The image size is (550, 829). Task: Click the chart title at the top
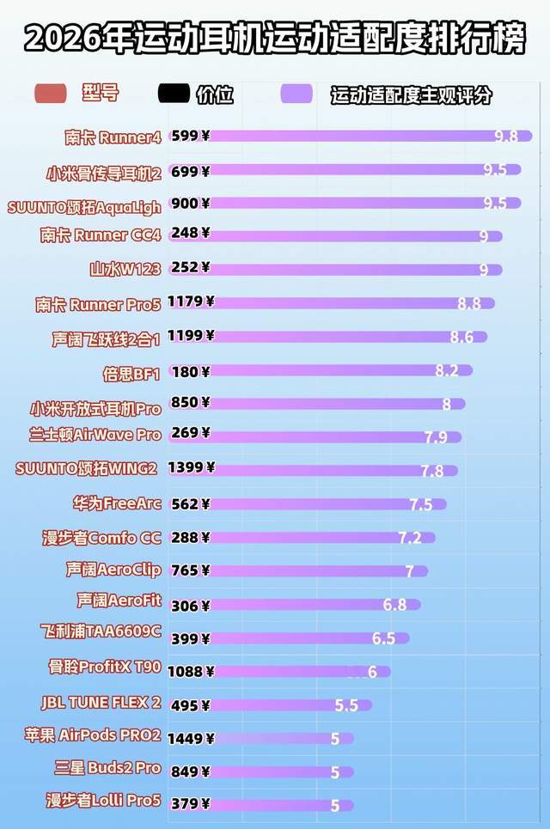pos(275,39)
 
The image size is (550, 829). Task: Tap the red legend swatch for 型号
pos(50,94)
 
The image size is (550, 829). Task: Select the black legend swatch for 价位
pos(174,94)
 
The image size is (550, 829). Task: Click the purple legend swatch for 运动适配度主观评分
pos(296,94)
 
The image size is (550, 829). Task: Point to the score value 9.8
pos(506,136)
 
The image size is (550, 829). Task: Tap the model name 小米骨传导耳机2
pos(104,173)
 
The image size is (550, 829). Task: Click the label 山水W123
pos(125,269)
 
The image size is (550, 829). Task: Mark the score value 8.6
pos(461,337)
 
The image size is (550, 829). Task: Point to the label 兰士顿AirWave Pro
pos(95,435)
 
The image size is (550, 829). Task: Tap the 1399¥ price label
pos(192,468)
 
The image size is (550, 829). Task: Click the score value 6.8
pos(394,605)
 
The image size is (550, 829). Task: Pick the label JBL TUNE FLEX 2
pos(101,703)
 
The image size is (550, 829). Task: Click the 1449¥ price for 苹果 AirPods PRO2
pos(192,738)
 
